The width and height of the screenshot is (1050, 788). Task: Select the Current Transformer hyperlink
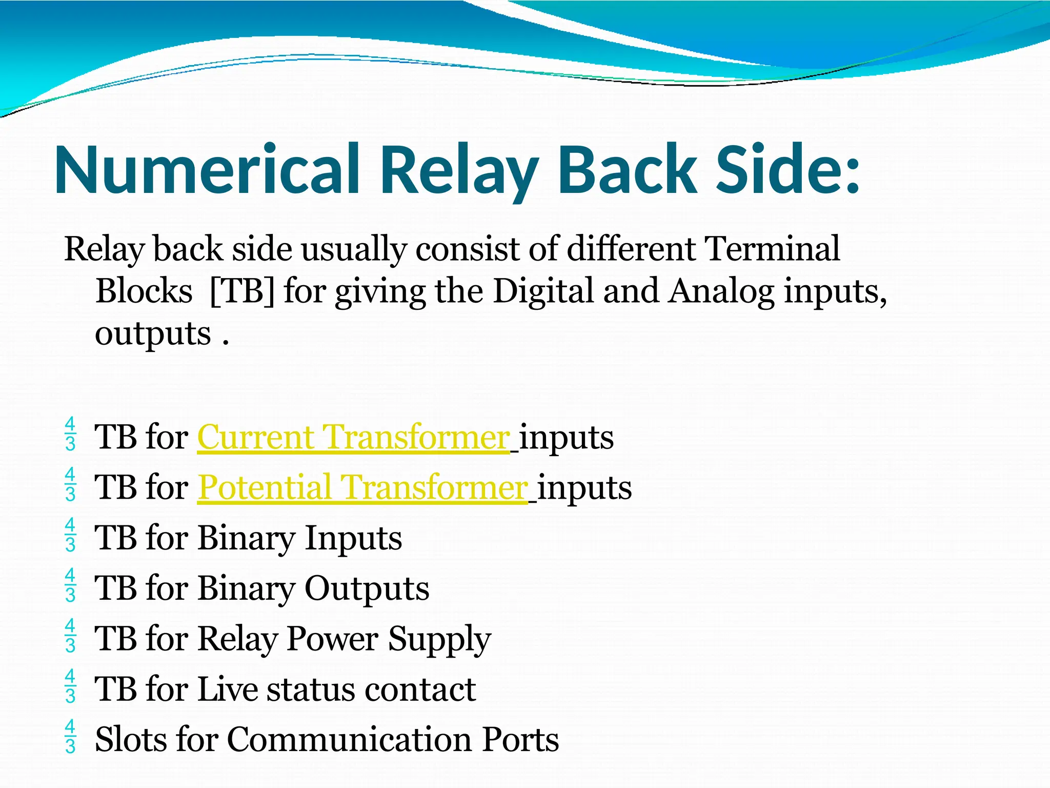[353, 438]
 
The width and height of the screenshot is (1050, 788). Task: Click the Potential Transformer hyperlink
[362, 487]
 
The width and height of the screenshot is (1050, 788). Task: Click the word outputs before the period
[153, 334]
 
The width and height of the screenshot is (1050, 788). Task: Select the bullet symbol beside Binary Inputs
[71, 535]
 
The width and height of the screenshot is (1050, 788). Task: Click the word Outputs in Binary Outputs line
[367, 588]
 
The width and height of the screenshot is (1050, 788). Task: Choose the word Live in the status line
[228, 689]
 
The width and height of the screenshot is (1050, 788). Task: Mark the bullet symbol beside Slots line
[71, 736]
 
